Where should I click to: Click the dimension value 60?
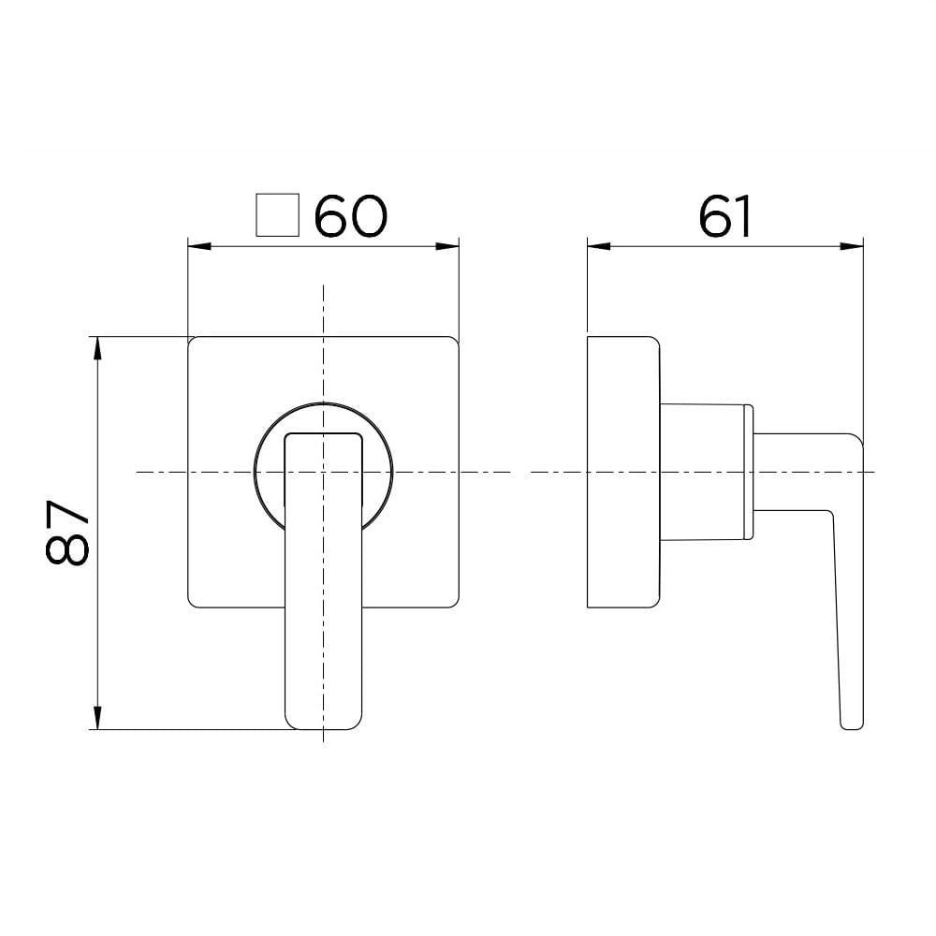click(x=350, y=216)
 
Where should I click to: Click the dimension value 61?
click(x=725, y=216)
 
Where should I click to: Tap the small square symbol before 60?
click(x=277, y=216)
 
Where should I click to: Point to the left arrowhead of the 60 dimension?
click(x=197, y=247)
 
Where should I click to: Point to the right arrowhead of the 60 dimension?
click(x=451, y=247)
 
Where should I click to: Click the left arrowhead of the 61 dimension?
click(x=594, y=247)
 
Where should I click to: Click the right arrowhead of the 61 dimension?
click(x=854, y=247)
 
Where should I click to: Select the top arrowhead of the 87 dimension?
click(x=96, y=344)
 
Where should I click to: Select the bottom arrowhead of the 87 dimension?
click(x=96, y=722)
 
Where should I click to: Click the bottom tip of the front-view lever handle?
click(x=323, y=727)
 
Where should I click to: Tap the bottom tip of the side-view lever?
click(x=852, y=726)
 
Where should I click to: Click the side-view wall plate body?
click(x=622, y=473)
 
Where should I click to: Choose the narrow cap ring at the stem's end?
click(x=748, y=473)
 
